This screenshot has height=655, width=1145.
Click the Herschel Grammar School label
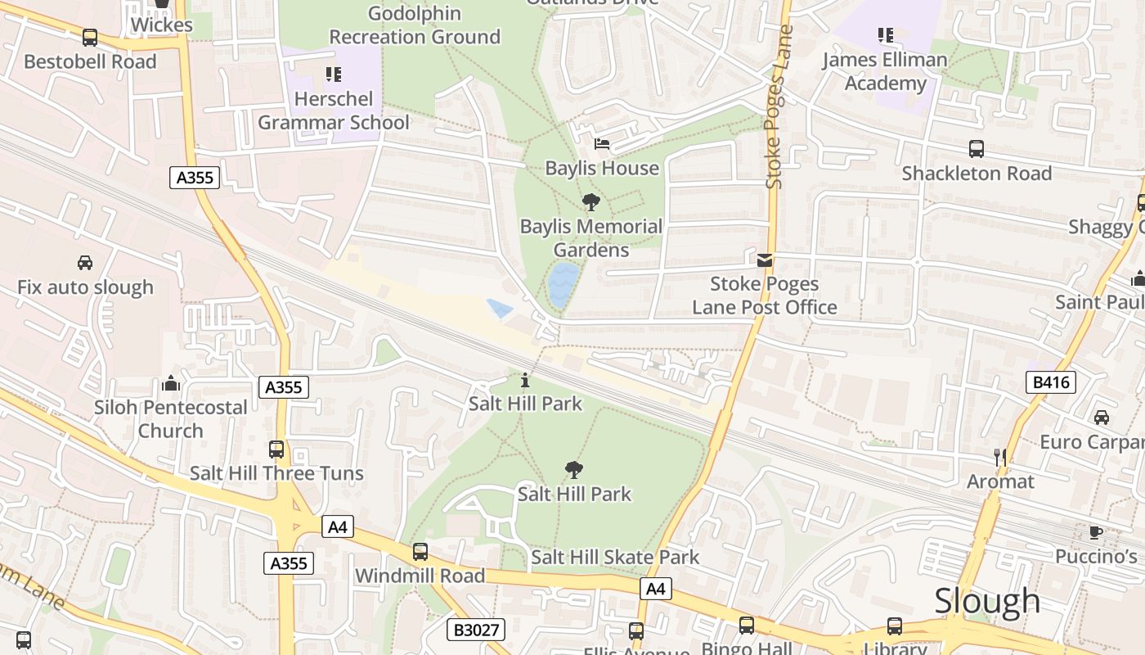[x=334, y=111]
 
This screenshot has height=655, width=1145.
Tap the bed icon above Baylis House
[x=602, y=144]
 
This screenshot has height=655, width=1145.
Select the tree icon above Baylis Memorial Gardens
[x=590, y=201]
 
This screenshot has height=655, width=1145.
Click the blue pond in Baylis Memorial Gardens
[x=563, y=284]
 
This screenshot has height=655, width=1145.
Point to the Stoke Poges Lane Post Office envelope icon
[x=765, y=260]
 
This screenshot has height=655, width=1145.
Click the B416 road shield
[x=1051, y=382]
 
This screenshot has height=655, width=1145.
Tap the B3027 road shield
[x=476, y=630]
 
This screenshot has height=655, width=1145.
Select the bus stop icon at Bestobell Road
[x=90, y=38]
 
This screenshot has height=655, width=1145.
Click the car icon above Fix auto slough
[x=85, y=263]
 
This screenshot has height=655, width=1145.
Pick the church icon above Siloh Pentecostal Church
[x=170, y=383]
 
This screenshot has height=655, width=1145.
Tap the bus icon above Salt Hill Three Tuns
[x=276, y=449]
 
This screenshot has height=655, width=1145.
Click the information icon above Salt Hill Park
[x=525, y=381]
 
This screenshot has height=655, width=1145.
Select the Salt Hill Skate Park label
[x=615, y=558]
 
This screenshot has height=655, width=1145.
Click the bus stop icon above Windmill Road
[x=420, y=552]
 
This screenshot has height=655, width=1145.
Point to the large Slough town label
[x=987, y=601]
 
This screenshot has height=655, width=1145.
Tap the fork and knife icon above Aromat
[x=999, y=457]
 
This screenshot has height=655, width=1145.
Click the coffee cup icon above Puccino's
[x=1096, y=533]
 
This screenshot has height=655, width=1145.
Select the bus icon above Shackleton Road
[x=976, y=149]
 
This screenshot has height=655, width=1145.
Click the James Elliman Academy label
[x=885, y=71]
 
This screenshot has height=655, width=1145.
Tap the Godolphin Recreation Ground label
[x=415, y=25]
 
